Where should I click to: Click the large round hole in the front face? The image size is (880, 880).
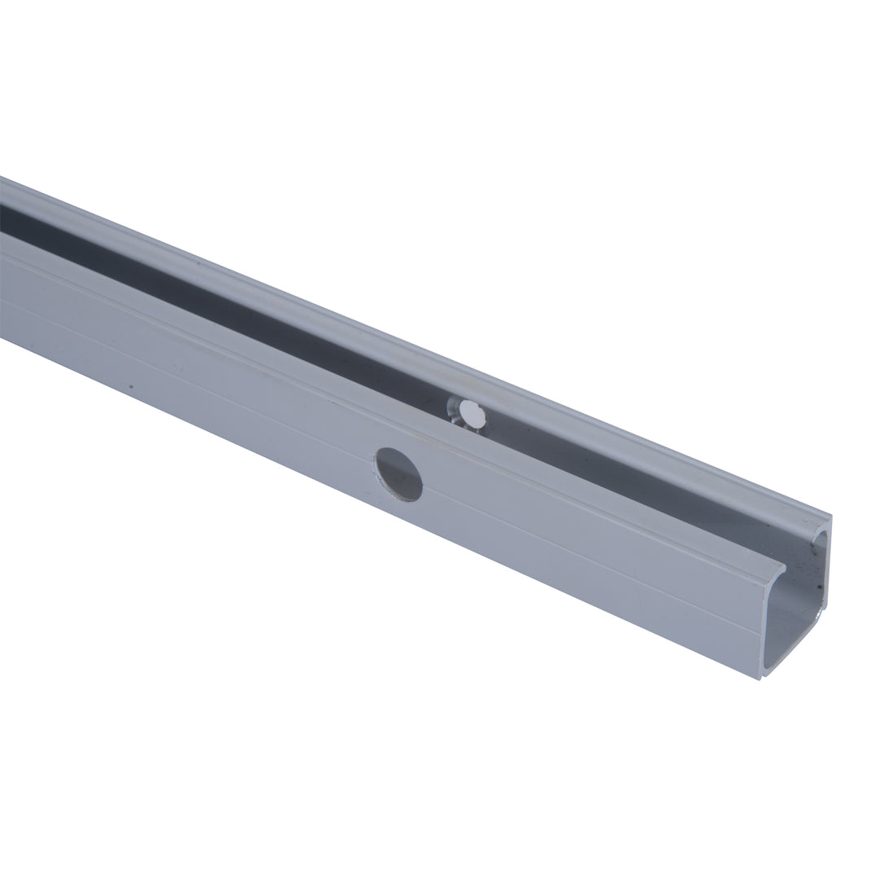point(398,474)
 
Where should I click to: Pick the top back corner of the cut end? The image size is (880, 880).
point(829,517)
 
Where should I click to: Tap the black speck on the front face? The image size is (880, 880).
point(130,385)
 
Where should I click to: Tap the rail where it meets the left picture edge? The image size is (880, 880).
point(3,277)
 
